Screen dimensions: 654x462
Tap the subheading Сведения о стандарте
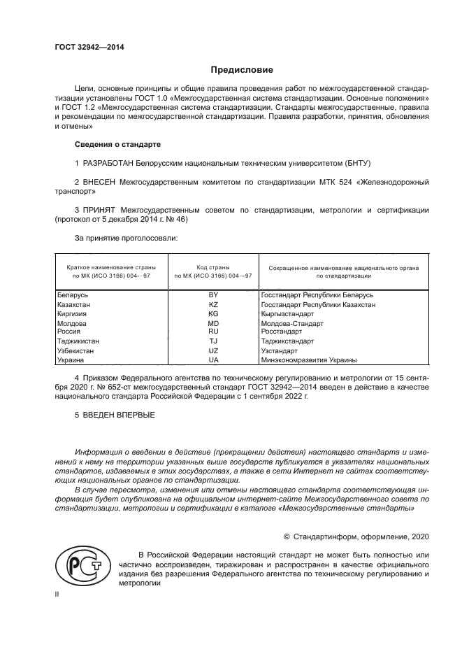click(117, 144)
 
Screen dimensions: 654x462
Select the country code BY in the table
click(213, 296)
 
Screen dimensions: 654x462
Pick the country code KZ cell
click(213, 305)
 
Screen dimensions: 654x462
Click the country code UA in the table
click(213, 360)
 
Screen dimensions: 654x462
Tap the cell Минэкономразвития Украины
click(308, 360)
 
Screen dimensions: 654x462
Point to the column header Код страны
click(213, 267)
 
